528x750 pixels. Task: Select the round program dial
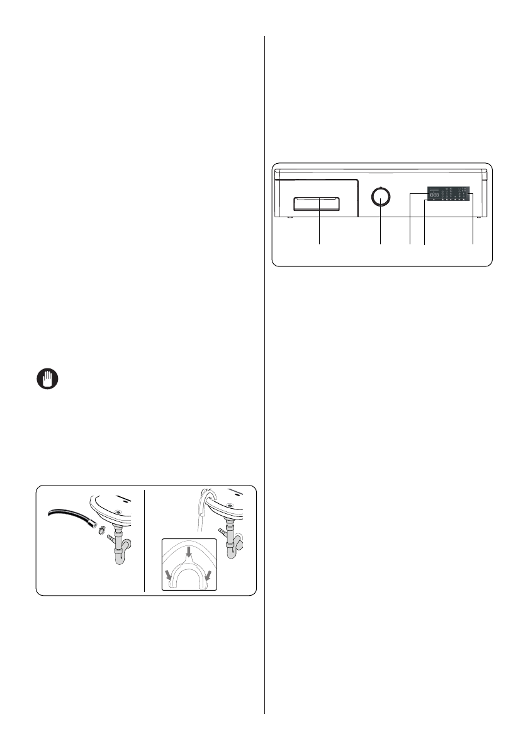point(381,197)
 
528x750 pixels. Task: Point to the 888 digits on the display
point(434,196)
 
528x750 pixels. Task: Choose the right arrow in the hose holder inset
point(208,575)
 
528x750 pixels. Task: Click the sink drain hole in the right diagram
point(230,505)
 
